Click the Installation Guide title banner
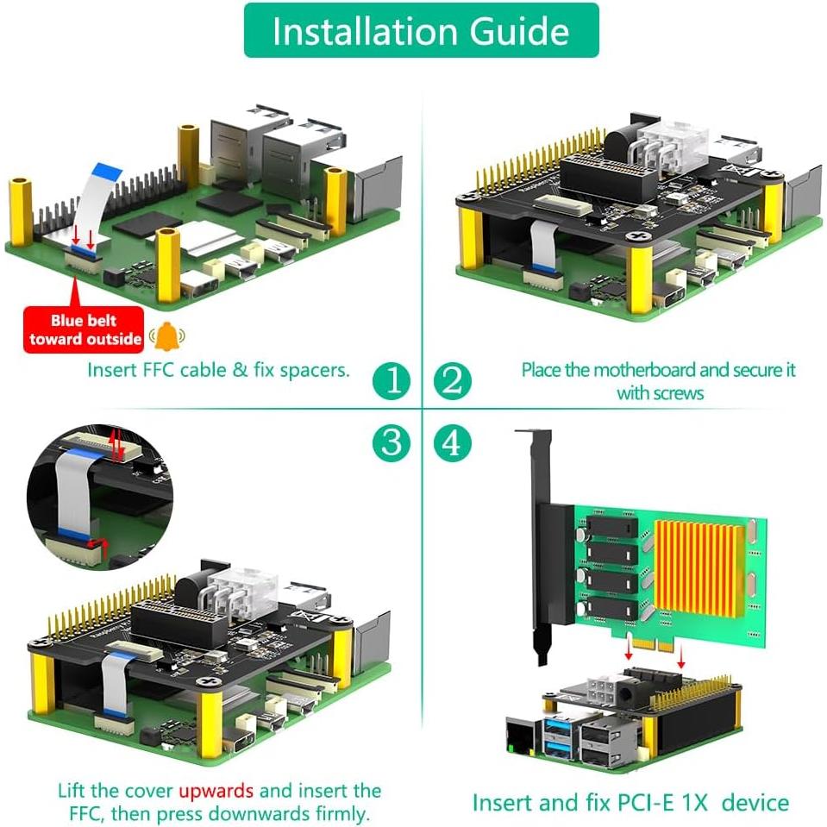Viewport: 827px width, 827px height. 421,31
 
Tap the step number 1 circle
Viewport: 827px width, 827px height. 392,379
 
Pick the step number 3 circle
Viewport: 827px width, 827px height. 392,443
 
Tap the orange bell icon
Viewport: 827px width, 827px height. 166,335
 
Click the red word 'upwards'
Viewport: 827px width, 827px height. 216,790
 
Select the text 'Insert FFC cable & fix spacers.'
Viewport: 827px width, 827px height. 218,370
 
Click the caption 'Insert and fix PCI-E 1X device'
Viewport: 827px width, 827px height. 630,803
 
